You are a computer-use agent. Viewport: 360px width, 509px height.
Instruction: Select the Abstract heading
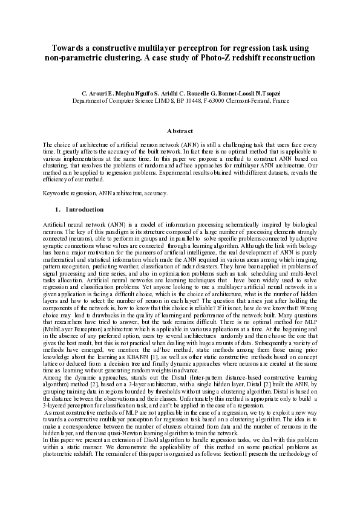tap(180, 132)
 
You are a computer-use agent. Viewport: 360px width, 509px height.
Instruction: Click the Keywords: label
tap(58, 193)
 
